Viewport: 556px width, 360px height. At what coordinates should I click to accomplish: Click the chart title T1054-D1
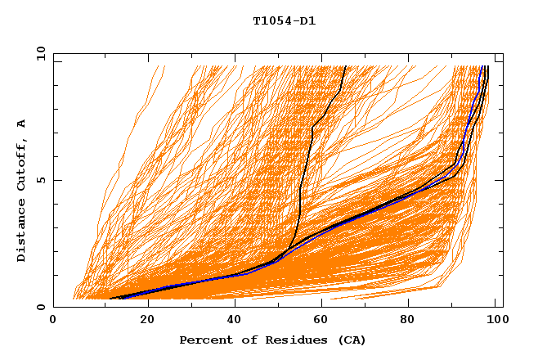284,21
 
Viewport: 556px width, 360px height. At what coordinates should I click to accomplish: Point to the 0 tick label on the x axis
53,321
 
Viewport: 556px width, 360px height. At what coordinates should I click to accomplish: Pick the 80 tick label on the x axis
413,321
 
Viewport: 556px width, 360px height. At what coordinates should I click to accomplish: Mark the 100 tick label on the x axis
495,321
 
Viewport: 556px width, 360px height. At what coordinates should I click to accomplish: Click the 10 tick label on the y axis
40,53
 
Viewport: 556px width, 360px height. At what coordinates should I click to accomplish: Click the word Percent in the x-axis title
204,340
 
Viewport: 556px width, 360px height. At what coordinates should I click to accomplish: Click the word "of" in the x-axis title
246,340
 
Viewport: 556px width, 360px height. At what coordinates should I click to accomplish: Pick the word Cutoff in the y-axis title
22,164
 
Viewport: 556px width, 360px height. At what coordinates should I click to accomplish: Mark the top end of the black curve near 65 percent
346,66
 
